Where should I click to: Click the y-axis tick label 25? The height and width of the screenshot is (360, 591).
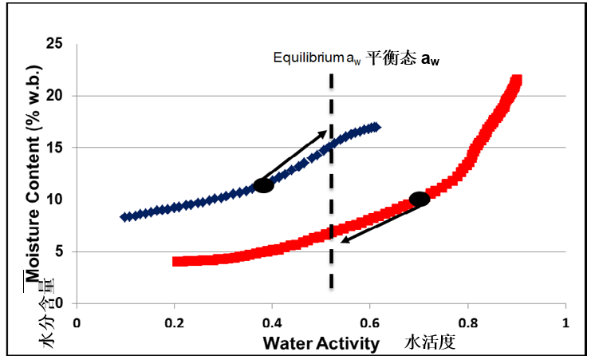[x=55, y=43]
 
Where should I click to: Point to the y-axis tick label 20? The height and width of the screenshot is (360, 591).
[x=55, y=95]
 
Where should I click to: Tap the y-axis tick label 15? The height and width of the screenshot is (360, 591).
[x=55, y=148]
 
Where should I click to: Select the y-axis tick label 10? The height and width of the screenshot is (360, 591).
[x=55, y=200]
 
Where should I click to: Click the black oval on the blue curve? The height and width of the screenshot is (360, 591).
[x=264, y=185]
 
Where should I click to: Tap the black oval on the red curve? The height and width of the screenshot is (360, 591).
[x=420, y=199]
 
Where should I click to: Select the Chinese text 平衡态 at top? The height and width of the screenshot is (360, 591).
[x=392, y=57]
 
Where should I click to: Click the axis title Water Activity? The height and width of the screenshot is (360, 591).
[x=321, y=343]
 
